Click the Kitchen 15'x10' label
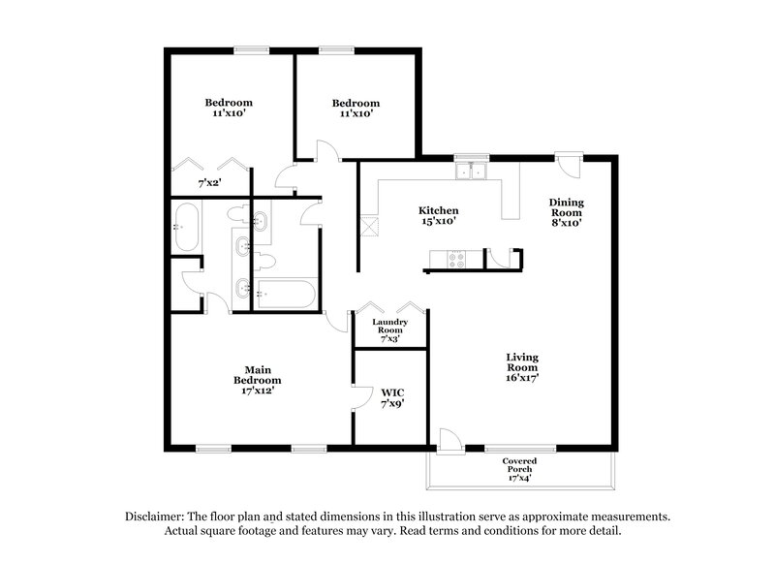[438, 216]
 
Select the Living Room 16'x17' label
[522, 367]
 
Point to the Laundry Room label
[391, 329]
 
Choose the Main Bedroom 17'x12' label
[257, 380]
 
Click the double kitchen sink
[473, 172]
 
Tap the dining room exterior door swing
[575, 165]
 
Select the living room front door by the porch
[449, 438]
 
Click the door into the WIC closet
[360, 397]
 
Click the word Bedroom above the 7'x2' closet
[229, 103]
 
